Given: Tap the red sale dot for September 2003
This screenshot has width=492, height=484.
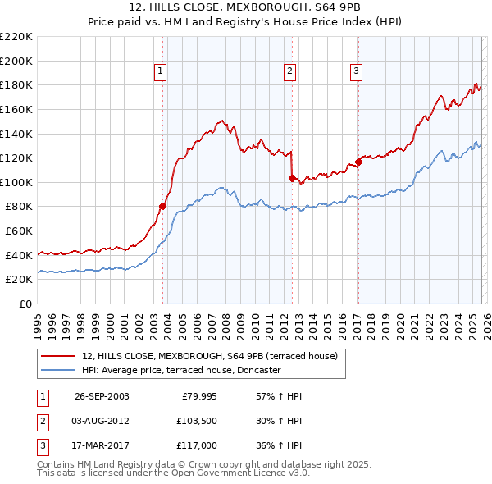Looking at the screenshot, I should click(x=162, y=207).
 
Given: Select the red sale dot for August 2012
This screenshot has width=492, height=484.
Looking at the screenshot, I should click(x=292, y=178).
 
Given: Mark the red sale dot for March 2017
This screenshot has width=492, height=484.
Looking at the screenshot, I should click(x=358, y=162).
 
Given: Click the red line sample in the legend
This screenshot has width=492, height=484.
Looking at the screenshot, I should click(x=58, y=356).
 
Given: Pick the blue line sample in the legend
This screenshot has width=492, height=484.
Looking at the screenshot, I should click(x=58, y=370).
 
